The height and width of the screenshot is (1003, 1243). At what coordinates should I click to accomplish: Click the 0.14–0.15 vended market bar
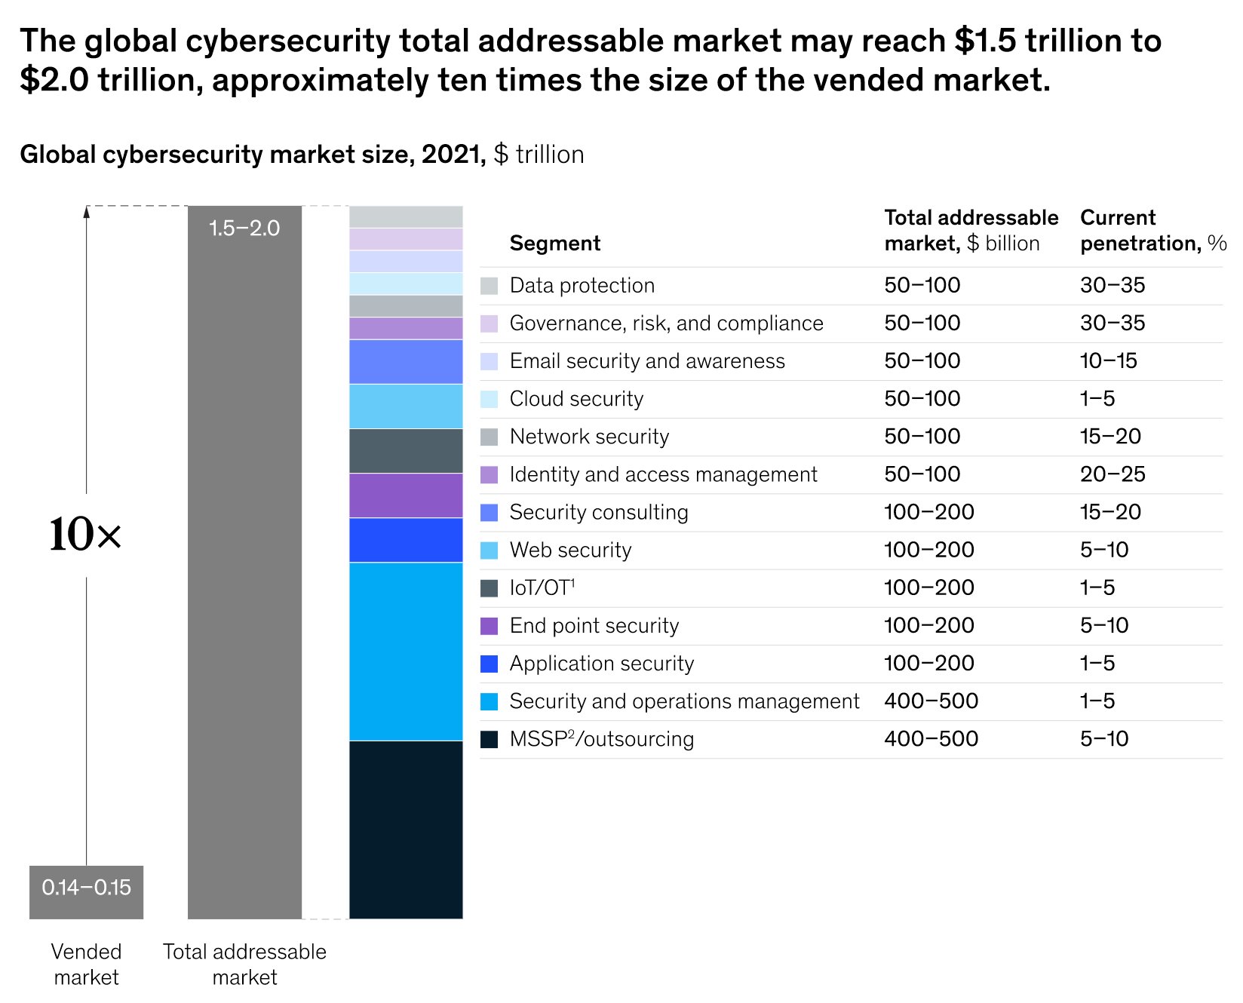pyautogui.click(x=86, y=891)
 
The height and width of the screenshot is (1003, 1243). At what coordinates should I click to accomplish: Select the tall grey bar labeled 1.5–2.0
pyautogui.click(x=244, y=562)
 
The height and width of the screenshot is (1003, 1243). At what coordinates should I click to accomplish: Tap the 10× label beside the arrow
pyautogui.click(x=84, y=535)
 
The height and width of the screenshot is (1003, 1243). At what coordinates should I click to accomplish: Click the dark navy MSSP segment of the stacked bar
pyautogui.click(x=406, y=830)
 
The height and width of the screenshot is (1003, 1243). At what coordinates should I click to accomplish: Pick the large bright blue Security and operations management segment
pyautogui.click(x=406, y=652)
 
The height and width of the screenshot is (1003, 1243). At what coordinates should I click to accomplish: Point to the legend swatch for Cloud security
pyautogui.click(x=489, y=399)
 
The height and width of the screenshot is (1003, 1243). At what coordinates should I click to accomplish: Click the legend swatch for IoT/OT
pyautogui.click(x=489, y=588)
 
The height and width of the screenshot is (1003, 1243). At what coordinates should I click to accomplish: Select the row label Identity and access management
pyautogui.click(x=663, y=474)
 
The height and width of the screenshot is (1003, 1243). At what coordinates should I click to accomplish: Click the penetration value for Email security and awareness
pyautogui.click(x=1108, y=361)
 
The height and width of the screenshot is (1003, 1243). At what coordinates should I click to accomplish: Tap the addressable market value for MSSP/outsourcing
pyautogui.click(x=931, y=739)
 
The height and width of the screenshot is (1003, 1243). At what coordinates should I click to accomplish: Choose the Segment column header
pyautogui.click(x=554, y=244)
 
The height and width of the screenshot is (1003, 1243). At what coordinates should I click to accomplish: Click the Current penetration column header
pyautogui.click(x=1152, y=230)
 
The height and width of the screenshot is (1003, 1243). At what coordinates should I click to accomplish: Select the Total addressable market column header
pyautogui.click(x=971, y=230)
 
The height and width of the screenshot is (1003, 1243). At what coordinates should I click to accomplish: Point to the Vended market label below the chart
pyautogui.click(x=86, y=965)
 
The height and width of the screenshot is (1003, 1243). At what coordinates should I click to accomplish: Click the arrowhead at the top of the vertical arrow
pyautogui.click(x=86, y=212)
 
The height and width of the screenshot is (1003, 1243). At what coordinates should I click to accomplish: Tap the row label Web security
pyautogui.click(x=570, y=551)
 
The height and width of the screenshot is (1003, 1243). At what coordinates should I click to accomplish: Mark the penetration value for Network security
pyautogui.click(x=1110, y=437)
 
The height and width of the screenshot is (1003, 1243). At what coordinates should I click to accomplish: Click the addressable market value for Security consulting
pyautogui.click(x=928, y=512)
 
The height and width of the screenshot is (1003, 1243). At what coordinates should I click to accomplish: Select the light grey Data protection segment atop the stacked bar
pyautogui.click(x=406, y=217)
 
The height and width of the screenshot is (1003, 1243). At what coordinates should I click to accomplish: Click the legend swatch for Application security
pyautogui.click(x=489, y=664)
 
